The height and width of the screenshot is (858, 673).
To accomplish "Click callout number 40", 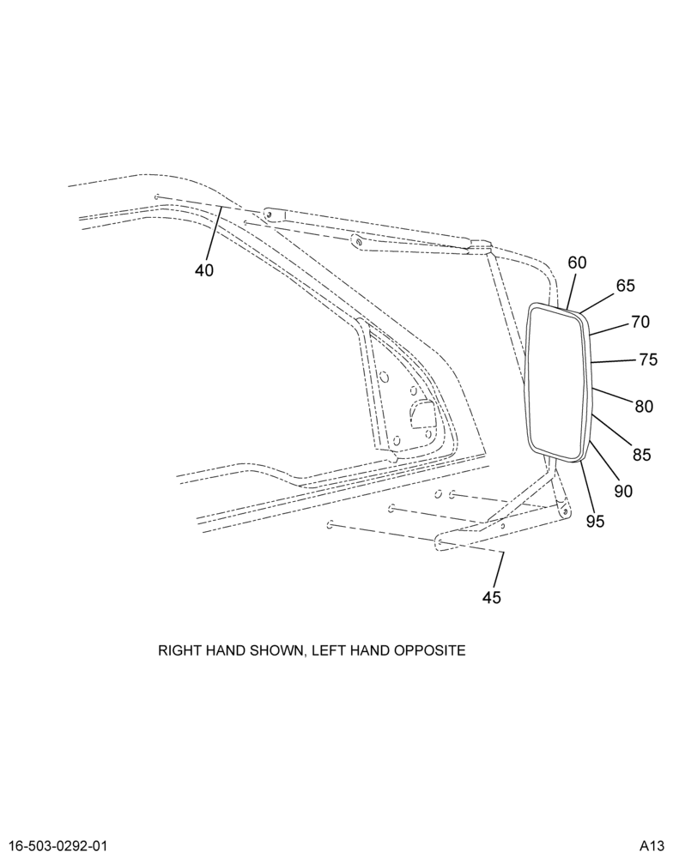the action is pos(204,269).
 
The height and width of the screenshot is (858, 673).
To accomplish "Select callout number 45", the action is pos(492,597).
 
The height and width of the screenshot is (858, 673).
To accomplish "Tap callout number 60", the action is pos(577,263).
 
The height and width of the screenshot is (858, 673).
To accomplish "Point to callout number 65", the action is pos(626,285).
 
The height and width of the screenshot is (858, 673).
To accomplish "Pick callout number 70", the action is pos(640,322).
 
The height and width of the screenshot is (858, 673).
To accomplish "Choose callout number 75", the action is pos(648,360).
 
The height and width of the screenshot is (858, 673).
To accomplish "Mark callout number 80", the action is pos(644,406).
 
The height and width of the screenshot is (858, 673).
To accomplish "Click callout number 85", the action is pos(641,454).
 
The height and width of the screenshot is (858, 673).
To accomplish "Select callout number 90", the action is pos(623,491).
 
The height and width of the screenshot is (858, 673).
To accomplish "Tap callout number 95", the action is pos(595,522).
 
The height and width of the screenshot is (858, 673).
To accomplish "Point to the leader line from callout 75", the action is pos(613,361).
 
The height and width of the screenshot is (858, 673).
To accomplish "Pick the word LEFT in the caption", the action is pos(329,650).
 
